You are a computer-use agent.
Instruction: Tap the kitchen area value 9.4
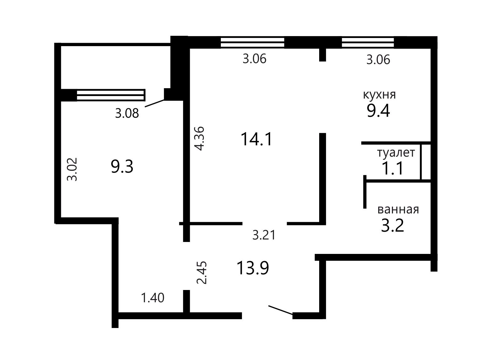click(378, 111)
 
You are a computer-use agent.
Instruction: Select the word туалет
click(396, 153)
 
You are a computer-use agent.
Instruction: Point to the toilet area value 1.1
click(392, 169)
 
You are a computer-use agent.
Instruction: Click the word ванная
click(398, 209)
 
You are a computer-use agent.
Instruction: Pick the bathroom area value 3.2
click(392, 225)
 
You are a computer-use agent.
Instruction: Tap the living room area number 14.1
click(256, 139)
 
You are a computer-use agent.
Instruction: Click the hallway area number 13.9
click(253, 268)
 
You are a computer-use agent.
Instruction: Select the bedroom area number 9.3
click(122, 166)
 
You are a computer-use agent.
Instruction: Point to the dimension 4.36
click(200, 138)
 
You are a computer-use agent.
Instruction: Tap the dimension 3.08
click(127, 113)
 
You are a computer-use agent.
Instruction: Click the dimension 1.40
click(152, 298)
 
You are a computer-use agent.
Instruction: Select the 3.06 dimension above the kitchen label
click(378, 59)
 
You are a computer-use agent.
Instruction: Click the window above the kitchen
click(368, 42)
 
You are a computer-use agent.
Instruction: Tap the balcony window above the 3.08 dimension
click(111, 95)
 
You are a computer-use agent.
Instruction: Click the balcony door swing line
click(155, 103)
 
